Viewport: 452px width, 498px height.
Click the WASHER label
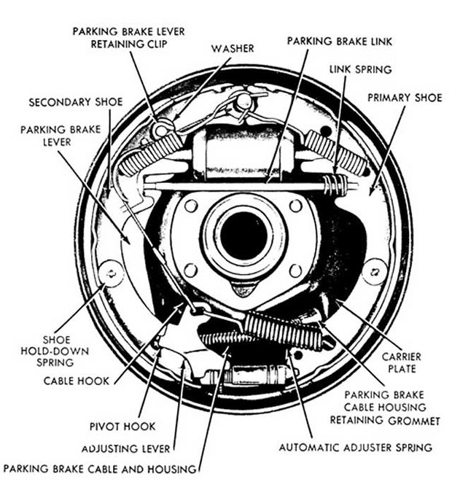tap(233, 48)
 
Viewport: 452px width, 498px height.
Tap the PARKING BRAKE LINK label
tap(339, 42)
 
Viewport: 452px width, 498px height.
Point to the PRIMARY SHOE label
tap(405, 97)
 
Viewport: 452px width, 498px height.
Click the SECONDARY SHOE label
tap(76, 102)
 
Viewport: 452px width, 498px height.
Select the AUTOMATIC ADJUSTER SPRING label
tap(356, 446)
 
